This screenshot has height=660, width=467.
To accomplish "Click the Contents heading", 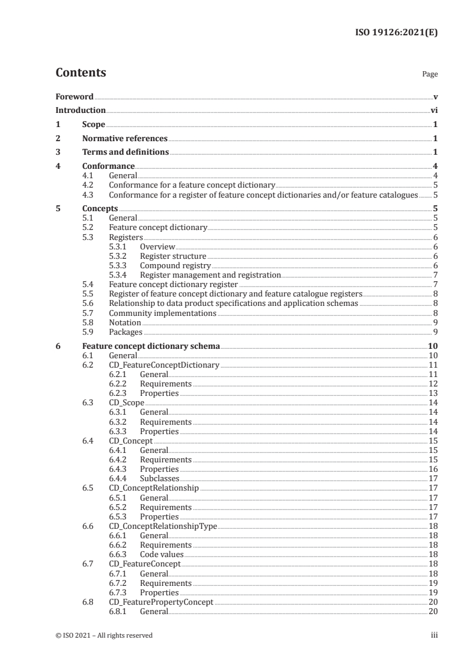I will (x=81, y=73).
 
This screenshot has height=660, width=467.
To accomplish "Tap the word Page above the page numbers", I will (x=430, y=75).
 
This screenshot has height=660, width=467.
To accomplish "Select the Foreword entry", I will (x=75, y=96).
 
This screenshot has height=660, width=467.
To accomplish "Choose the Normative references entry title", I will (x=125, y=139).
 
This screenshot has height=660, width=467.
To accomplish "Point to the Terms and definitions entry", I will (x=125, y=152).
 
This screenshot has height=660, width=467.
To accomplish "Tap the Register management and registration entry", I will (x=210, y=275).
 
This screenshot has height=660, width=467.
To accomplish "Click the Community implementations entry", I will (x=163, y=314).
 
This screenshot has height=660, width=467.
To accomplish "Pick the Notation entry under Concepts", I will (x=125, y=322).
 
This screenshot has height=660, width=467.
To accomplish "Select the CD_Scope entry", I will (x=127, y=402).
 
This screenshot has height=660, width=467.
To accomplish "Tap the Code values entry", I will (x=161, y=554).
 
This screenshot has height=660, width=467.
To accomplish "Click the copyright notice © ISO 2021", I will (x=104, y=635).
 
